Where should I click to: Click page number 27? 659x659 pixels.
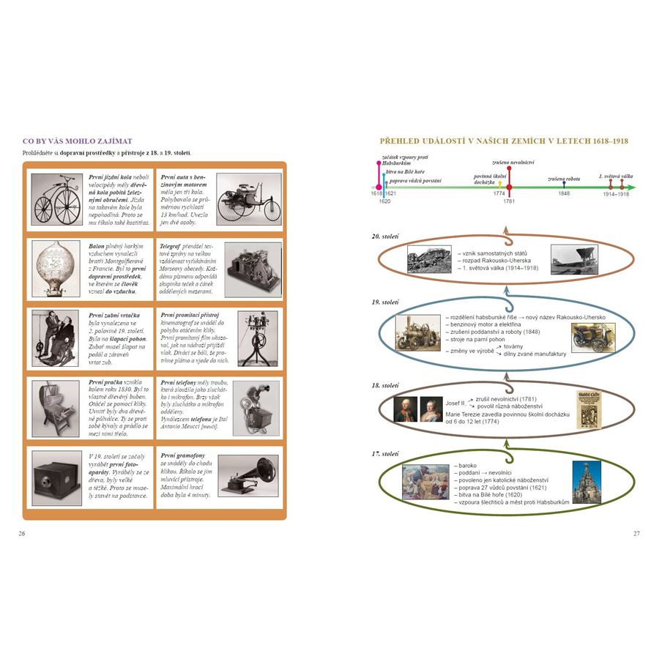[636, 533]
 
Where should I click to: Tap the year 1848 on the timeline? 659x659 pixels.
[564, 194]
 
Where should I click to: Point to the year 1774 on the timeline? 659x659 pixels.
[499, 194]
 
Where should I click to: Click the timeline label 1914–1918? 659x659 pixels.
[616, 194]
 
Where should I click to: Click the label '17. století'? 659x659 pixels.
[385, 454]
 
